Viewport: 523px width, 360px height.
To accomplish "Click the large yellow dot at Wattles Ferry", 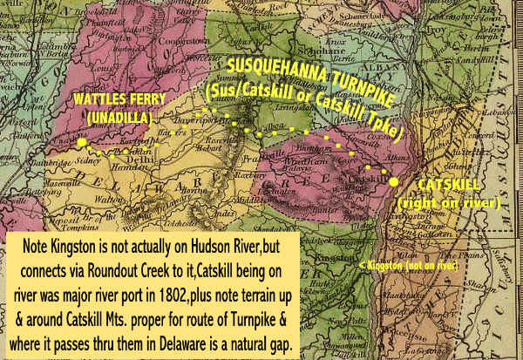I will [x=81, y=142].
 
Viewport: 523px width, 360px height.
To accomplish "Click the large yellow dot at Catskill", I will [x=394, y=181].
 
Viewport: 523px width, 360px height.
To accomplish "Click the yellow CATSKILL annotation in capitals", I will [x=448, y=185].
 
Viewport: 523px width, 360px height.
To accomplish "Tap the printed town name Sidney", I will [x=88, y=161].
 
